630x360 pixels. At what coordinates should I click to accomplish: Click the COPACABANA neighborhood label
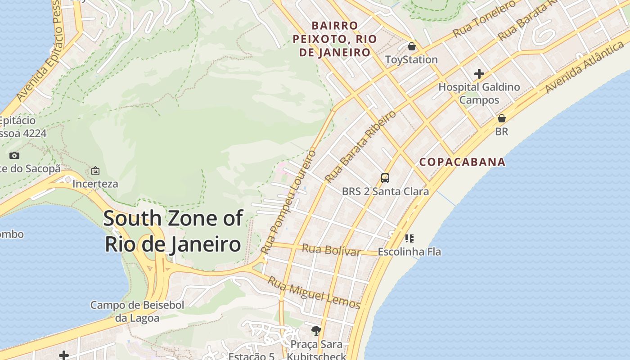tap(462, 162)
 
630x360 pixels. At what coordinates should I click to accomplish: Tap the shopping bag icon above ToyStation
tap(411, 46)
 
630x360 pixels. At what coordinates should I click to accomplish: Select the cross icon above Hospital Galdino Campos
tap(479, 73)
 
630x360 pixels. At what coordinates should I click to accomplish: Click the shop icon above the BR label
tap(501, 118)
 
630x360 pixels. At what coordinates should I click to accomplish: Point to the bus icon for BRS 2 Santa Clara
tap(385, 178)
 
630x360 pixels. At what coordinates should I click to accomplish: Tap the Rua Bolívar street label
tap(331, 250)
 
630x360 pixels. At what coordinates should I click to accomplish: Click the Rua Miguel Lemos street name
tap(314, 293)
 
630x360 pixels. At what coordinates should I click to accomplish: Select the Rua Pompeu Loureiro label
tap(288, 201)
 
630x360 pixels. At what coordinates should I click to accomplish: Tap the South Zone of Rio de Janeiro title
tap(173, 231)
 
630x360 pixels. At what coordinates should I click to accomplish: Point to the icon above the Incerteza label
tap(95, 171)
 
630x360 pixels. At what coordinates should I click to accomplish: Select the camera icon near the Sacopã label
tap(14, 155)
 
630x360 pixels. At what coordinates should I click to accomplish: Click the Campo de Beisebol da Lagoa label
tap(137, 311)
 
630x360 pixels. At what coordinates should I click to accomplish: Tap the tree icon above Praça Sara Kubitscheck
tap(316, 331)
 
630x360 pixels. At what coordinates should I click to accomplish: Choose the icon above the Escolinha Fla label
tap(409, 238)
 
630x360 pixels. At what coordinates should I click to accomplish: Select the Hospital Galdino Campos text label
tap(479, 93)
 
